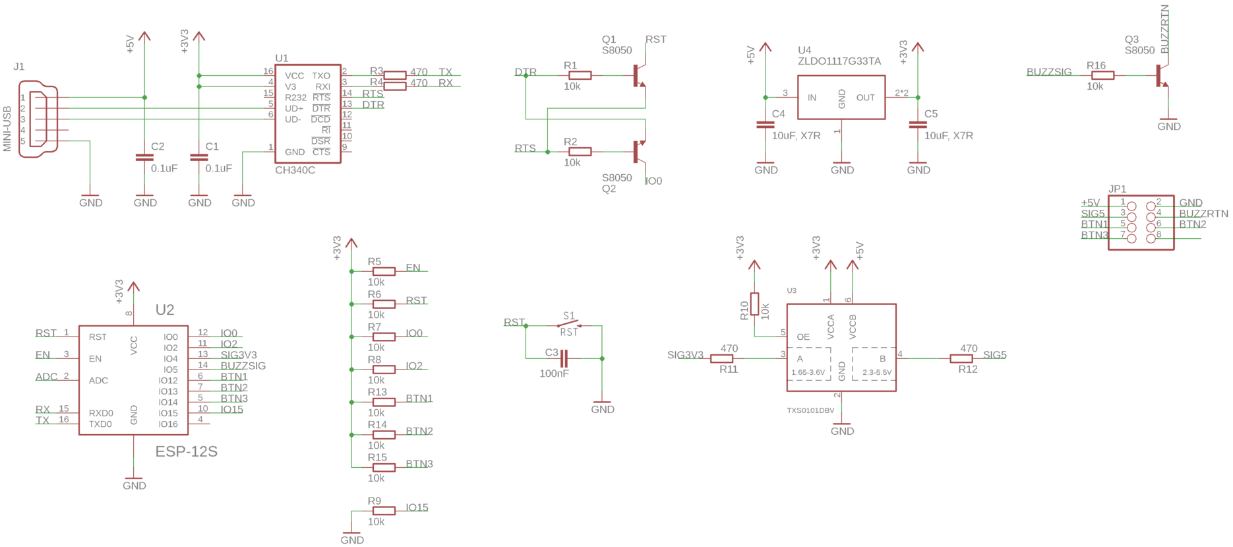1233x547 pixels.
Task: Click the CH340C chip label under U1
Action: [x=295, y=170]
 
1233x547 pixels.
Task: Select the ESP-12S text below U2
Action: [x=186, y=452]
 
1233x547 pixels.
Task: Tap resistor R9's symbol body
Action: [x=384, y=511]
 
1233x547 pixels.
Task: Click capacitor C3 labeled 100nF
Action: [x=564, y=359]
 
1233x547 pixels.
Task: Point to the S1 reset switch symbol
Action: [x=569, y=324]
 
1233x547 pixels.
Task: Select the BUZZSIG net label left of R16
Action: [x=1048, y=72]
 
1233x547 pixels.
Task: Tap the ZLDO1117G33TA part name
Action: [x=839, y=61]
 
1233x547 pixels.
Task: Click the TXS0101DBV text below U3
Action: [x=810, y=410]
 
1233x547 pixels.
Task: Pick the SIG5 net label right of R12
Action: [x=994, y=355]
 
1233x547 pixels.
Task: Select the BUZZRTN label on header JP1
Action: [x=1203, y=214]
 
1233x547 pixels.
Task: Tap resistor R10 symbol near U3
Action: [x=754, y=304]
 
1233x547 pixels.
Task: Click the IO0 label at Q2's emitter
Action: [x=653, y=181]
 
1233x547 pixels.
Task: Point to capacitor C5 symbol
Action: [x=918, y=124]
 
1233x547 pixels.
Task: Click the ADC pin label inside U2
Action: [x=98, y=381]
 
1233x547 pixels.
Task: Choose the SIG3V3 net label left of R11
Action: [x=685, y=355]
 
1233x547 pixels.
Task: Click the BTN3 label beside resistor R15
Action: [x=419, y=464]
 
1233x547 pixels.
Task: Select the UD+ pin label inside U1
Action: [x=294, y=109]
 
